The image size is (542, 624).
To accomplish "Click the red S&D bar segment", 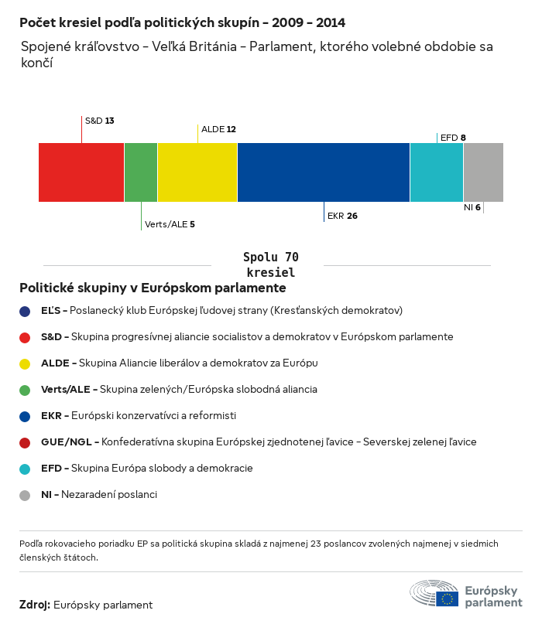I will pos(81,172).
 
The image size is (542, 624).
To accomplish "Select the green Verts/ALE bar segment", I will pos(141,172).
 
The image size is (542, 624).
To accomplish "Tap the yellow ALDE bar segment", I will pos(197,172).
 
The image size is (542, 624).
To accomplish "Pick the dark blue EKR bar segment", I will pos(324,172).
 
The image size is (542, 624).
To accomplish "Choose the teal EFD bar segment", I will pos(437,172).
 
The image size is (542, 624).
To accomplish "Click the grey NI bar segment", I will pos(483,172).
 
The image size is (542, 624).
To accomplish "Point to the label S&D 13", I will pos(99,121).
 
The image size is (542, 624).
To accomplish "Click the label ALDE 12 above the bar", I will pos(218,129).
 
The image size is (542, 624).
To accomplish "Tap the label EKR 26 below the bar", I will pos(342,216).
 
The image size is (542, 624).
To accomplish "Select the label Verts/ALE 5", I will pos(170,224).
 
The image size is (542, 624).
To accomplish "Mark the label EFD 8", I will pos(453,138).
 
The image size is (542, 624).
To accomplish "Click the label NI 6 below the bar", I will pos(472,207).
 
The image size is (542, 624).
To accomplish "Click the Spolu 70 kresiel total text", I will pos(271,264).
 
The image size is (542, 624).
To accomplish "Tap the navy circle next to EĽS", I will pos(26,311).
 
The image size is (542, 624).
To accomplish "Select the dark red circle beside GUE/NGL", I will pos(26,442).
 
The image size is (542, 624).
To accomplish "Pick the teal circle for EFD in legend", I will pos(26,469).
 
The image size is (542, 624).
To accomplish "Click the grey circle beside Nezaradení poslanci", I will pos(26,495).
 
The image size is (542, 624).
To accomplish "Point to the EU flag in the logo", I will pos(447,598).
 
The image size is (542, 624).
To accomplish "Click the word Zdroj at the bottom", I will pos(35,605).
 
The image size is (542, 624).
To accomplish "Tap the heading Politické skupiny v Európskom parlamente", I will pos(153,288).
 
